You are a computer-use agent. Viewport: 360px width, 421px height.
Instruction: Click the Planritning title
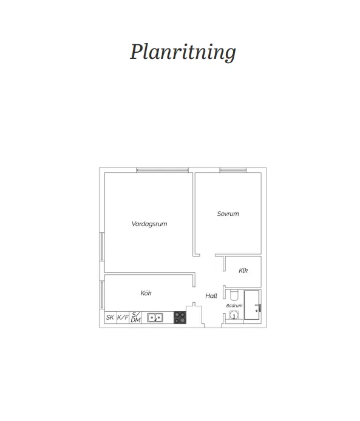coord(183,52)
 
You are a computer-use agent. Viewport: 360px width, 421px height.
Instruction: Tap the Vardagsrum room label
coord(149,224)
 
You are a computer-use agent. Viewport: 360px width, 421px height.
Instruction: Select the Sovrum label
coord(228,214)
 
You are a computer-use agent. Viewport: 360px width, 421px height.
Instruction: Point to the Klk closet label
coord(243,271)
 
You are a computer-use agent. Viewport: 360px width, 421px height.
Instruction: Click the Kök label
coord(146,293)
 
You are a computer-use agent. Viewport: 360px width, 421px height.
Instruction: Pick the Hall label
coord(211,296)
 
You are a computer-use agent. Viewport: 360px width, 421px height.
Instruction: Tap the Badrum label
coord(234,306)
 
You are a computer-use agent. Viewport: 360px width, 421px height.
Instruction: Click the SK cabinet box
coord(110,317)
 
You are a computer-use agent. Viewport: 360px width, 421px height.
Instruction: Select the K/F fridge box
coord(123,317)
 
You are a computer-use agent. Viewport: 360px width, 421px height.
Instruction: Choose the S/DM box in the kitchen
coord(135,317)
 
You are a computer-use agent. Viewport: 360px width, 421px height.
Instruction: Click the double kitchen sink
coord(155,318)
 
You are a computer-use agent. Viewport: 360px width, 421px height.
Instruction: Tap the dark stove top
coord(180,317)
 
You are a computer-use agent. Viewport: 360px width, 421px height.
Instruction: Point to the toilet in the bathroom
coord(234,295)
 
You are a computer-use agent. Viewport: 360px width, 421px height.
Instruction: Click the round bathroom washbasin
coord(234,315)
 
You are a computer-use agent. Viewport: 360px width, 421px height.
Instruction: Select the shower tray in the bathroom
coord(252,305)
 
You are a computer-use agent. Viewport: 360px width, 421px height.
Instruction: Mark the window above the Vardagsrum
coord(162,170)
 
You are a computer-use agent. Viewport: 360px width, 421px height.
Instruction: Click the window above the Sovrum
coord(233,170)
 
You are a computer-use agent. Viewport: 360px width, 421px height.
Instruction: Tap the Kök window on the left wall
coord(102,295)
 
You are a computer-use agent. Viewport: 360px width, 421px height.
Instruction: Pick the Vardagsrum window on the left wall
coord(102,247)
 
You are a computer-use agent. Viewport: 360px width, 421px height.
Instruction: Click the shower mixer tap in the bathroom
coord(258,308)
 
